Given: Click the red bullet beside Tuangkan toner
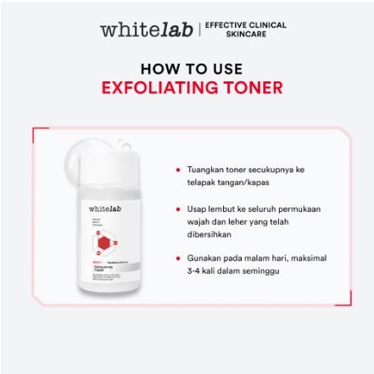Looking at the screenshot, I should click(178, 167).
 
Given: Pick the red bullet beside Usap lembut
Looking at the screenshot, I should click(178, 208).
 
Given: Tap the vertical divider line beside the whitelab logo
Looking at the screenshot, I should click(200, 31).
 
